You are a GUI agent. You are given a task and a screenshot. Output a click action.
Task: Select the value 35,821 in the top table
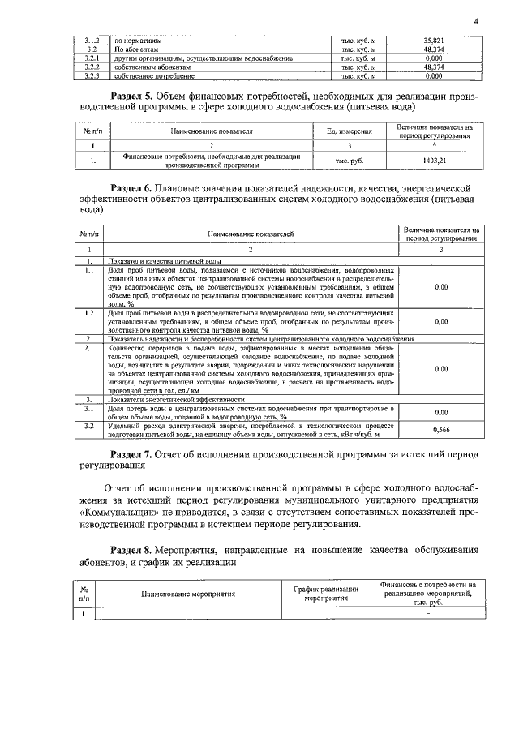(x=433, y=40)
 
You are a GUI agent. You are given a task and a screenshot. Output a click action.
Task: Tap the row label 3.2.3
(x=92, y=76)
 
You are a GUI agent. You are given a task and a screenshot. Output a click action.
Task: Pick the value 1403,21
(x=435, y=160)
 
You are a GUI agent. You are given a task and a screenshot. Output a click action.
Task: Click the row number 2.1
(x=90, y=347)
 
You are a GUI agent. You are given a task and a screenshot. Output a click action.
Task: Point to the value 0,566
(x=441, y=429)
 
